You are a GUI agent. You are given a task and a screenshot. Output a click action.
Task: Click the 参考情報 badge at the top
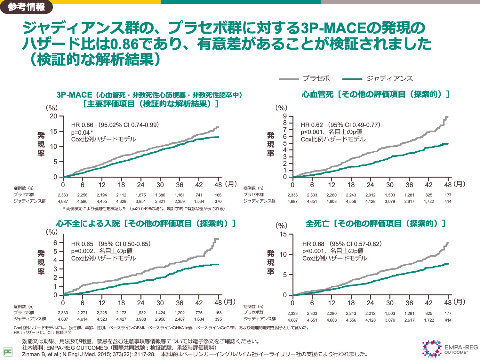[26, 7]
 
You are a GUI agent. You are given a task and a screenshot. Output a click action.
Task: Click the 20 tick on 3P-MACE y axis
[53, 116]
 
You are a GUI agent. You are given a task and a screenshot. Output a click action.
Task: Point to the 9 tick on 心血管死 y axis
[285, 116]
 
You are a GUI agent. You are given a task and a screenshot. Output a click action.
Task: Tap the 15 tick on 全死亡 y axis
[283, 234]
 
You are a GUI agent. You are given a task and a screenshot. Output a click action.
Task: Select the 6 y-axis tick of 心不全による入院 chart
[55, 243]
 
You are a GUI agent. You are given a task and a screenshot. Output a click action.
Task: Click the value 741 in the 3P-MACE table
[199, 195]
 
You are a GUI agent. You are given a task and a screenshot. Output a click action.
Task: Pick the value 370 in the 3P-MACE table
[218, 201]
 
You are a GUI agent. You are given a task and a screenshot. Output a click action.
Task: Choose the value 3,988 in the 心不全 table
[141, 319]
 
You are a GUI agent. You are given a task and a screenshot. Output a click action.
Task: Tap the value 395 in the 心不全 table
[218, 319]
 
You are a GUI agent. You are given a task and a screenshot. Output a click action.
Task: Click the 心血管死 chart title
[375, 94]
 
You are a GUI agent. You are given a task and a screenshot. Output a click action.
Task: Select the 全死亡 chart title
[375, 223]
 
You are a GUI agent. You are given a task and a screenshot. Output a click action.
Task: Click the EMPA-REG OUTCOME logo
[450, 349]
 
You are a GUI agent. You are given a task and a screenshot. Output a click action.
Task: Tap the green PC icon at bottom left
[8, 352]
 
